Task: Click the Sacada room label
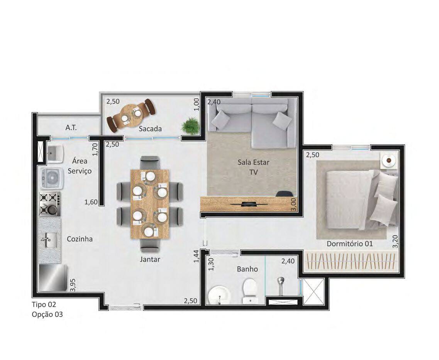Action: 150,128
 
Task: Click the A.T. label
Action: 71,128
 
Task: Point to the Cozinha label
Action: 80,239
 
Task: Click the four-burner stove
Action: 50,204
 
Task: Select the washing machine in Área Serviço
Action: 51,177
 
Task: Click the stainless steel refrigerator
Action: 53,278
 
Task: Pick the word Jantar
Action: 150,259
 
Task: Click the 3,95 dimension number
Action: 73,285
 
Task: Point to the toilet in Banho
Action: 250,291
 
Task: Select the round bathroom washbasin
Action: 219,295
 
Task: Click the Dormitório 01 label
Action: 350,243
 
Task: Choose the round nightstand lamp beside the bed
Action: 389,160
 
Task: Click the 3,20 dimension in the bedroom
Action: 395,241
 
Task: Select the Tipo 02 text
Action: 44,304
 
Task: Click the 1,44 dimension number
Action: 196,256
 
